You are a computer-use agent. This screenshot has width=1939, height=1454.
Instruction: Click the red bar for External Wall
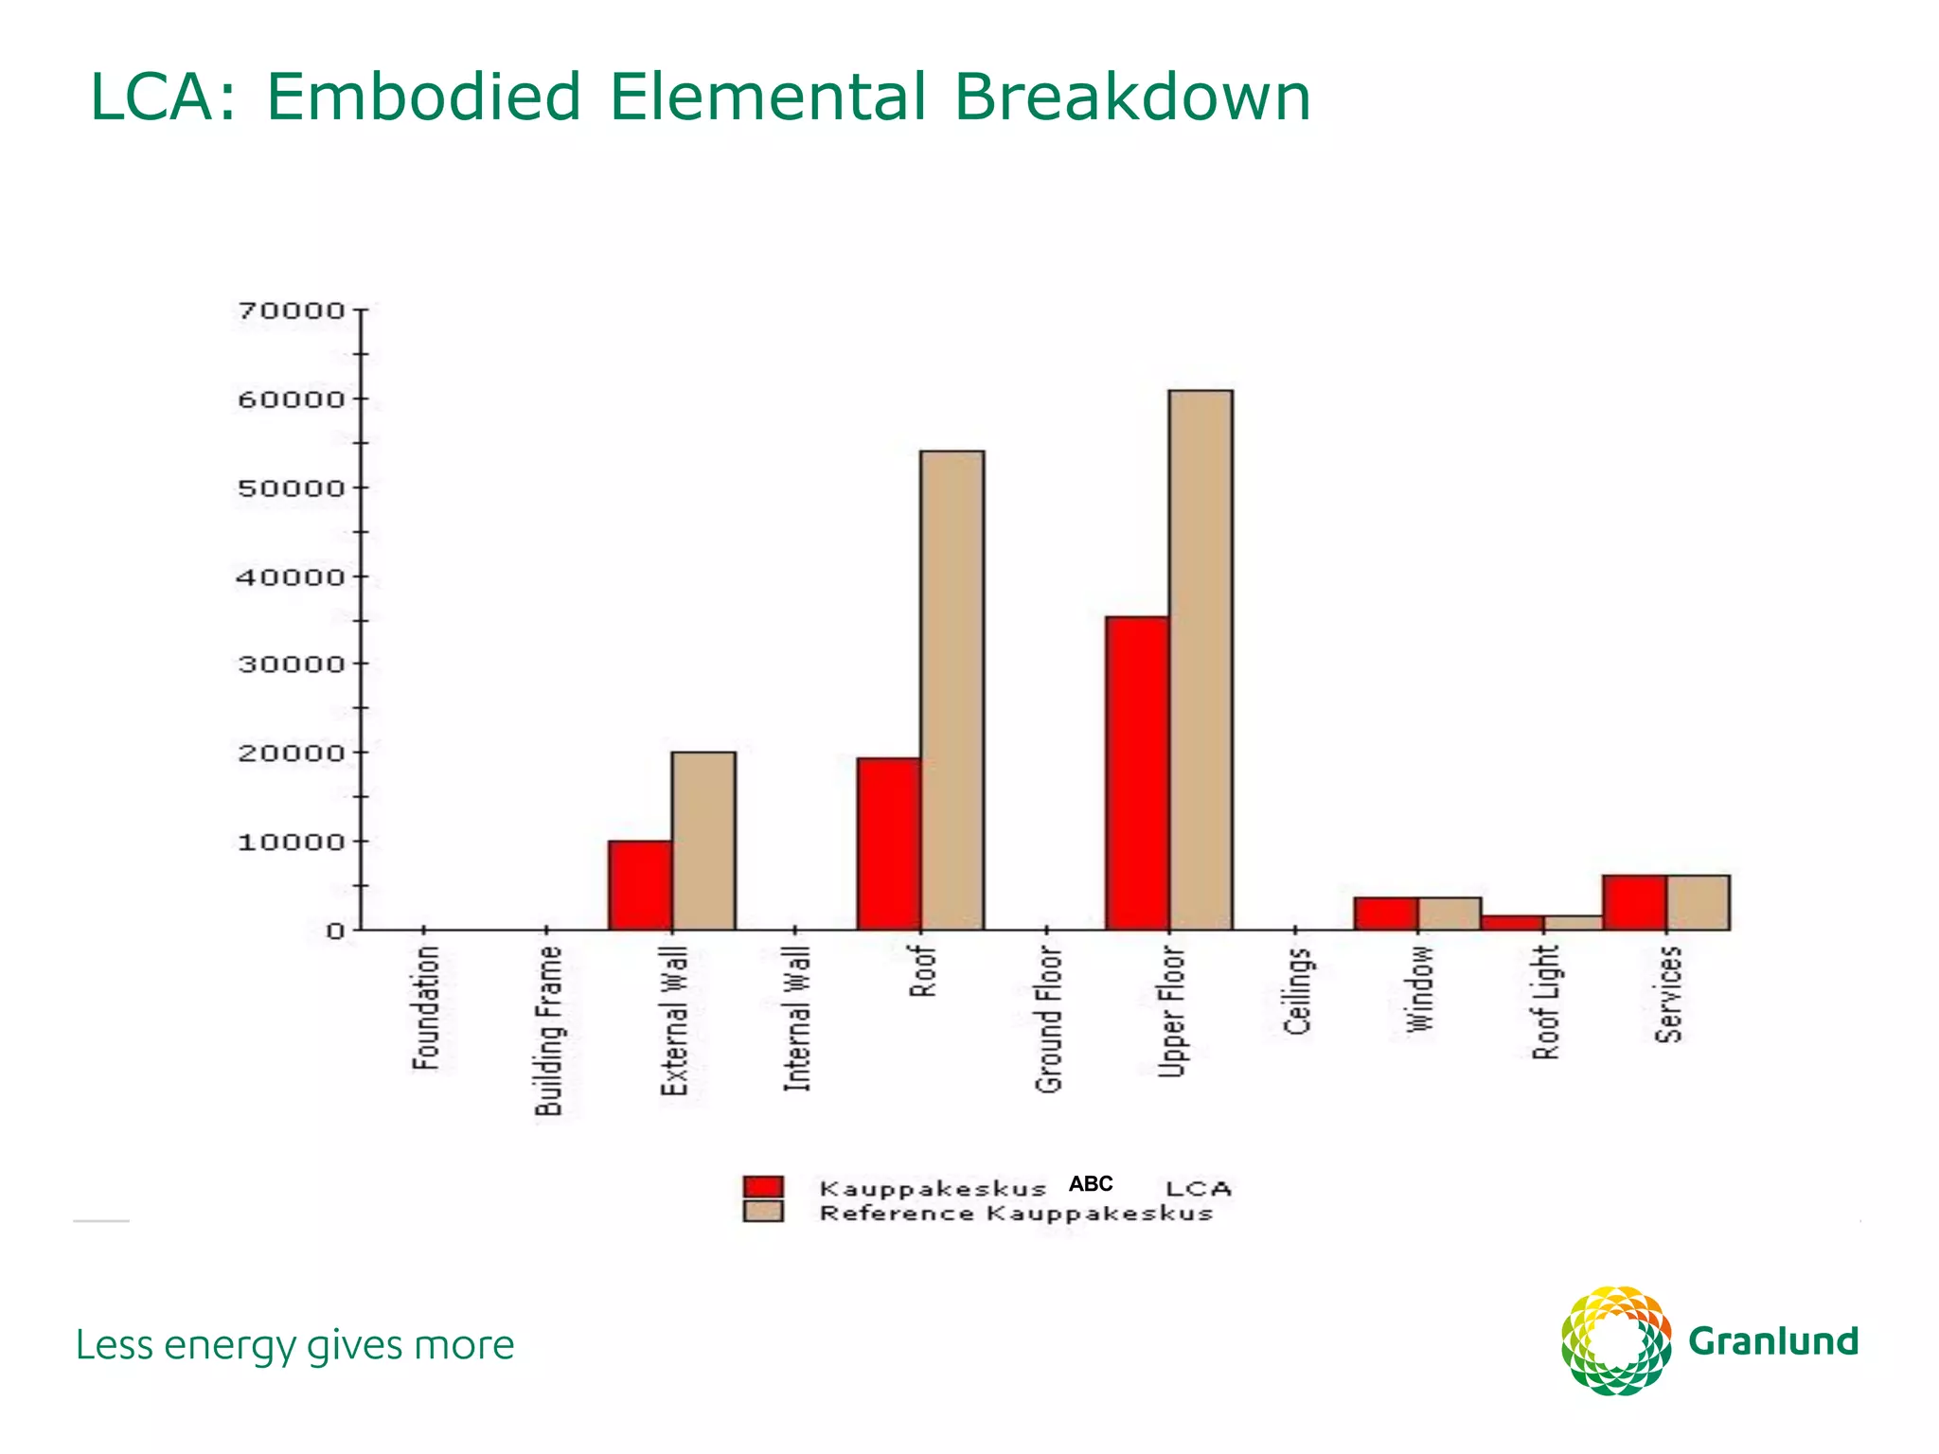pos(640,885)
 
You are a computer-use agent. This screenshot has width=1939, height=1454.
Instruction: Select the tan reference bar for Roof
pos(952,691)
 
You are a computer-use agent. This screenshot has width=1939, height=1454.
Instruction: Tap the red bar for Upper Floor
pos(1137,773)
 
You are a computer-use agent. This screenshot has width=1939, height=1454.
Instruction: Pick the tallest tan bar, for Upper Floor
pos(1201,660)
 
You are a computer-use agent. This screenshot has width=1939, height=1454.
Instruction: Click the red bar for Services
pos(1634,902)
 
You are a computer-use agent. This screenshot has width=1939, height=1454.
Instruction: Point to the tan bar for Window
pos(1450,913)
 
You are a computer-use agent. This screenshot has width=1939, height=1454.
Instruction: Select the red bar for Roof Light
pos(1513,923)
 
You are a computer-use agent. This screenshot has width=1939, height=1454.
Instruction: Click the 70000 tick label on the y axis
pos(291,310)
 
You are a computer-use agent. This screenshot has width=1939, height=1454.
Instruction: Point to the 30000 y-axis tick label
pos(291,665)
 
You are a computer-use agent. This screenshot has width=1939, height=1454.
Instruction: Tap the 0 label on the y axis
pos(335,931)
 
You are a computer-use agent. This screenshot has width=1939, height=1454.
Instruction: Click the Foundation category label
pos(426,1008)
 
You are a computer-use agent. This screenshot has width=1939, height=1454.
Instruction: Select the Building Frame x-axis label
pos(549,1031)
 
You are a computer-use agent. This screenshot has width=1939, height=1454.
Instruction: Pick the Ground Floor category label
pos(1049,1020)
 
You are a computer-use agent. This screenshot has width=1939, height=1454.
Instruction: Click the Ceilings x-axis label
pos(1298,991)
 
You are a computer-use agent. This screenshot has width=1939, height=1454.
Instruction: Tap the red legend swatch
pos(763,1187)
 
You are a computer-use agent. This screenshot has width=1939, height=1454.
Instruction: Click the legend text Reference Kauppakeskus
pos(1016,1214)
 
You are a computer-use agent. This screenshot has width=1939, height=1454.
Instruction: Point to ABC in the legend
pos(1091,1184)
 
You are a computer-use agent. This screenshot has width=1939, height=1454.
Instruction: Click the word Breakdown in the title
pos(1132,98)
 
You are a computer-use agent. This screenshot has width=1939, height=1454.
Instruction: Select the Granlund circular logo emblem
pos(1616,1340)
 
